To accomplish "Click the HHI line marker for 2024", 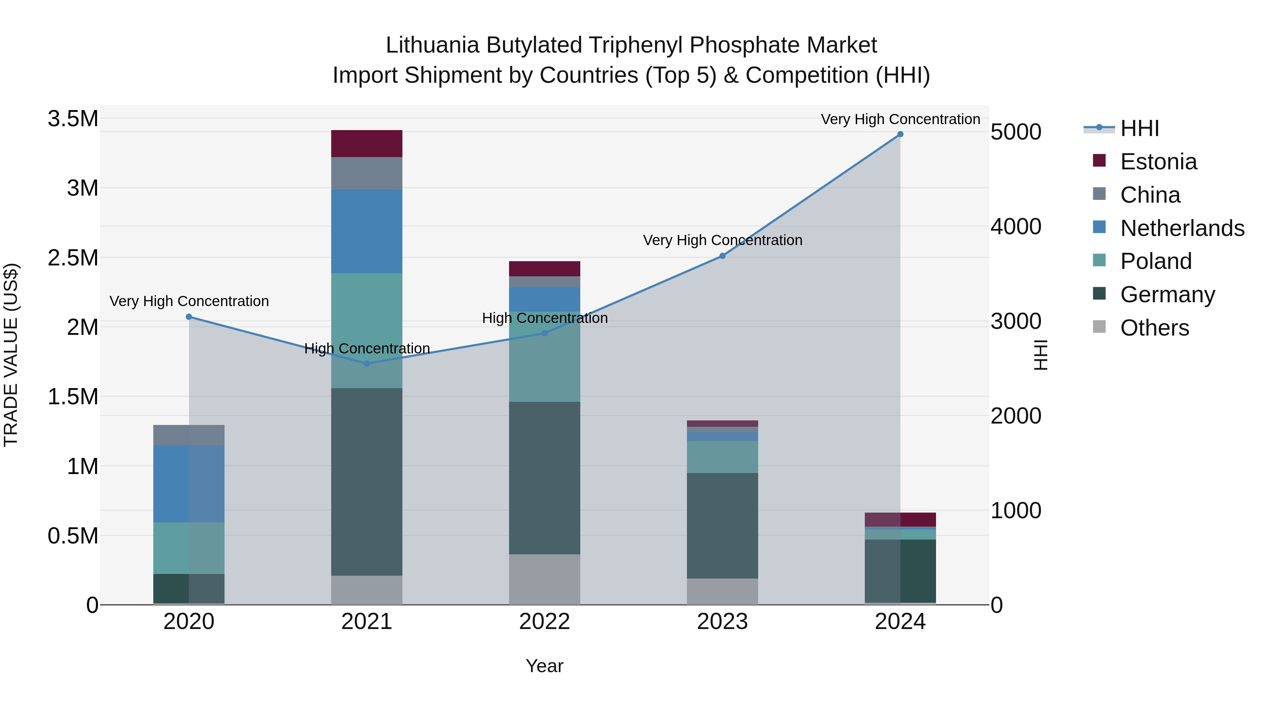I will pos(900,134).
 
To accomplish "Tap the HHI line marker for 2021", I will pos(367,364).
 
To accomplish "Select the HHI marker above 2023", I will pos(722,256).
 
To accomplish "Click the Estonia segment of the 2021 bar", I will pos(367,143).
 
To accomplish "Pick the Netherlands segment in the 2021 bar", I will pos(367,231).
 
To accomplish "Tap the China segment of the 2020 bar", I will pos(189,435).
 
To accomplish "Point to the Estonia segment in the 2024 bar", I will pos(900,519).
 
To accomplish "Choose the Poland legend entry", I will pos(1156,261).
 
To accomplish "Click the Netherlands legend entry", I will pos(1182,228).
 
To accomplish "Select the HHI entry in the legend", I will pos(1140,128).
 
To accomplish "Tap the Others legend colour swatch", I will pos(1099,327).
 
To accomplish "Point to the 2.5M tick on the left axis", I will pos(73,258).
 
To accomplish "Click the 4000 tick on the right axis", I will pos(1016,226).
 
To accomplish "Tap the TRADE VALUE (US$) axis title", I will pos(11,355).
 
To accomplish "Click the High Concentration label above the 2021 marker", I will pos(367,349).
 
